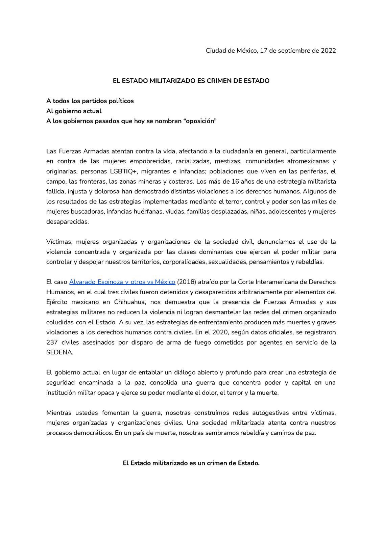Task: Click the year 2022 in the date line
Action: pyautogui.click(x=328, y=51)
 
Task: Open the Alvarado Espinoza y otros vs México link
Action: pyautogui.click(x=122, y=282)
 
